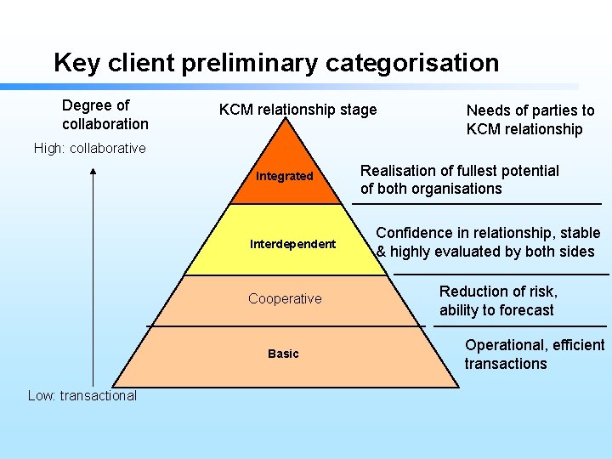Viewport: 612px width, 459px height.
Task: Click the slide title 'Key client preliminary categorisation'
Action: point(276,63)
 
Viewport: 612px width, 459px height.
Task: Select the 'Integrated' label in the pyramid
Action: point(285,176)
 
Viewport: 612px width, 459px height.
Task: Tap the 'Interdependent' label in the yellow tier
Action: point(292,244)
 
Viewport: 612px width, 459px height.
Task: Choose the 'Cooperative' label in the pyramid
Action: point(285,298)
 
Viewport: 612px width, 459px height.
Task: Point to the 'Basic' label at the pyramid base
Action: point(283,354)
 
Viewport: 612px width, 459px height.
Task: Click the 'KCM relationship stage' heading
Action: point(297,110)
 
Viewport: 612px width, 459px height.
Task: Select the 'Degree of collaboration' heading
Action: point(105,115)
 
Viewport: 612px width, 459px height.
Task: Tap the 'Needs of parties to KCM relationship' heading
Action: point(530,120)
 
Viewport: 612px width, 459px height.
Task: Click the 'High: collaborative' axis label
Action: point(90,148)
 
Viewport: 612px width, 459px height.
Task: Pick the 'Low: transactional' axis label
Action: point(82,395)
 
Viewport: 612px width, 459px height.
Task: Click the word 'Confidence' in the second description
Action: point(415,233)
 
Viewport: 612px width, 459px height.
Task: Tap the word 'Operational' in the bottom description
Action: point(505,345)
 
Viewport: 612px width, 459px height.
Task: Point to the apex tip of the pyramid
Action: point(286,120)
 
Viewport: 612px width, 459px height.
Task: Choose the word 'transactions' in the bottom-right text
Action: point(505,364)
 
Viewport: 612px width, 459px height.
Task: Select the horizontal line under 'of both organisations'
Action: point(476,204)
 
